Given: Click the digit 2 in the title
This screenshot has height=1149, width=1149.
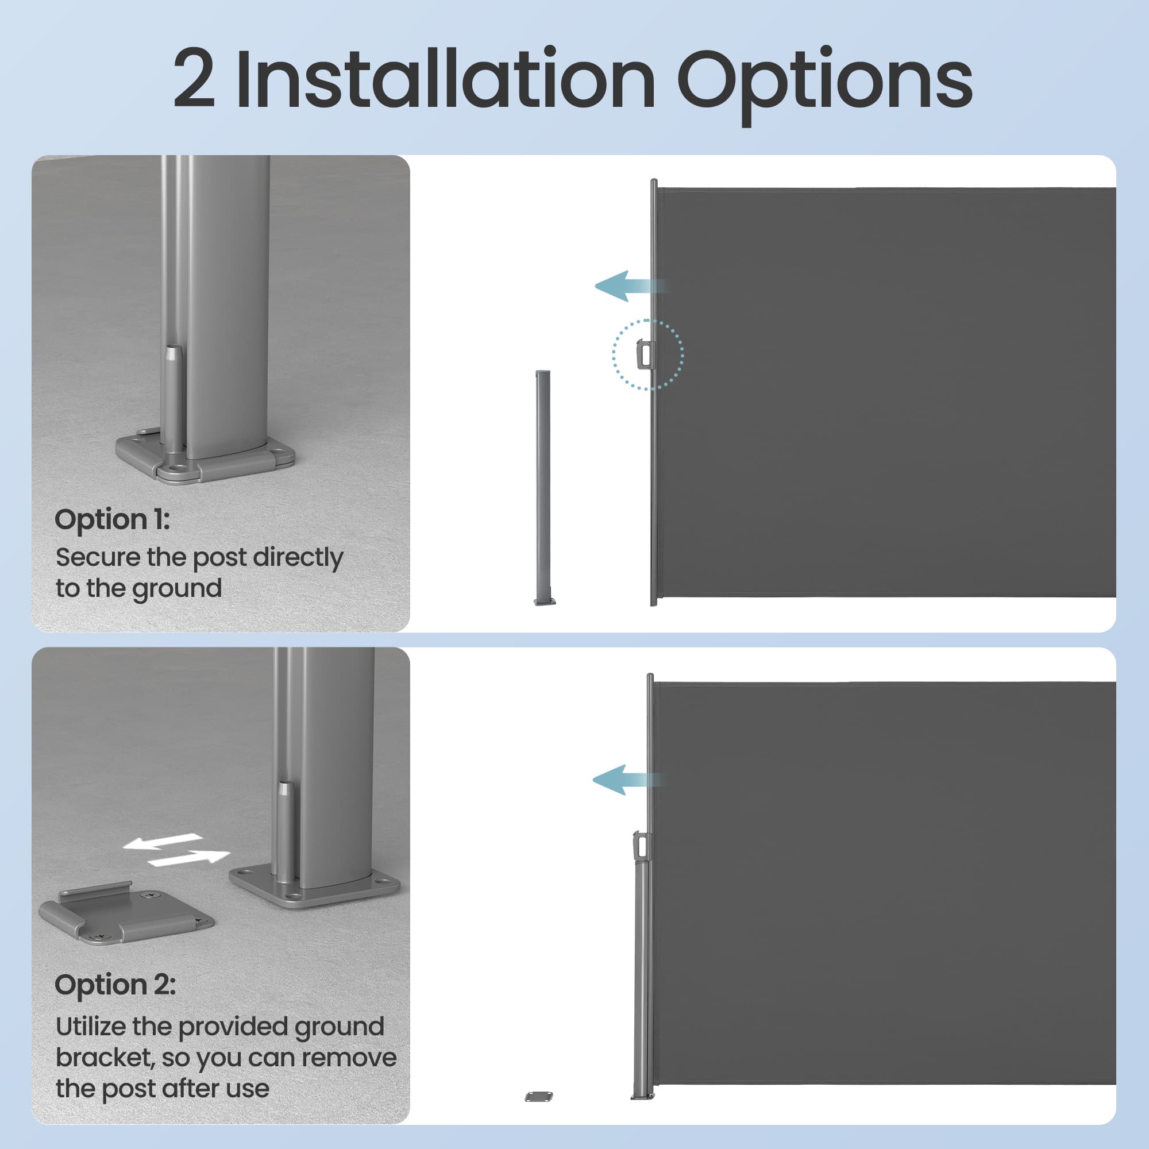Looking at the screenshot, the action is pos(194,79).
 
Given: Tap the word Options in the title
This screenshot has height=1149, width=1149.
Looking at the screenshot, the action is pos(824,84).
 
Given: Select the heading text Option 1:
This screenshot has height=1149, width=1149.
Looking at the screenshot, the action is pos(113,519).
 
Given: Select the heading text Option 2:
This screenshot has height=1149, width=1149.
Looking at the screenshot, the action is pos(115,985).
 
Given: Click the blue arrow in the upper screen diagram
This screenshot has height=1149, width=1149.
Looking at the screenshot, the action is pos(630,286).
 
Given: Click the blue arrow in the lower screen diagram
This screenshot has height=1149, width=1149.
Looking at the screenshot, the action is pos(627,780).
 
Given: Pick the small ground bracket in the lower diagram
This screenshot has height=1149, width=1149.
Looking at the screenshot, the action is pos(539,1113).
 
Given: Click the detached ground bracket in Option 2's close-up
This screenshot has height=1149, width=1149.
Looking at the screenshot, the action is pos(126,914).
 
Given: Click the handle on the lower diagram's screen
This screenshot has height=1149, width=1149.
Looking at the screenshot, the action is pos(641,846).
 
